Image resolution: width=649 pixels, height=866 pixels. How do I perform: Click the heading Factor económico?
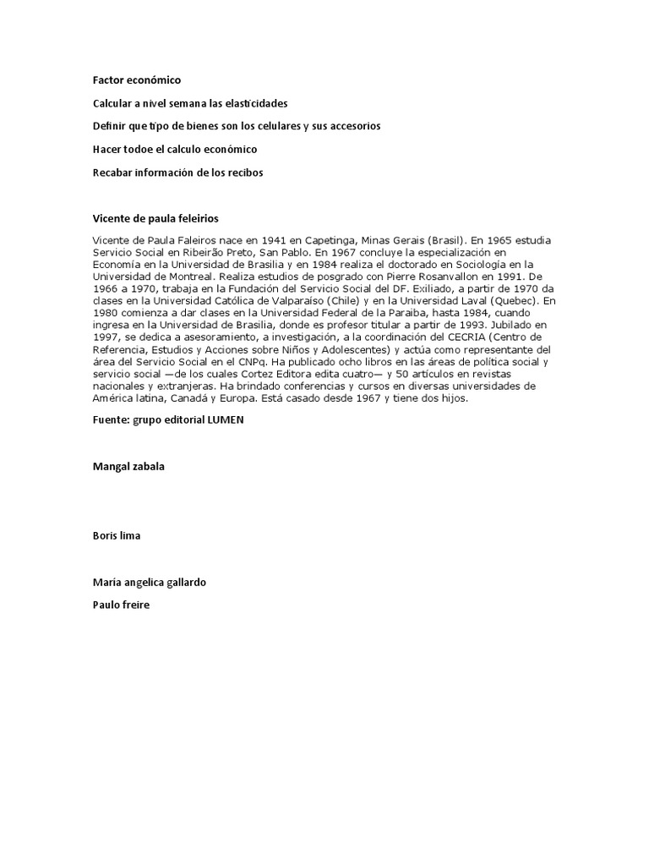pyautogui.click(x=137, y=80)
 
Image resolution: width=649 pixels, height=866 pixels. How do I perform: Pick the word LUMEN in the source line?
pyautogui.click(x=225, y=420)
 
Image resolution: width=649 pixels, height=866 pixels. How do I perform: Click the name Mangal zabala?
pyautogui.click(x=129, y=466)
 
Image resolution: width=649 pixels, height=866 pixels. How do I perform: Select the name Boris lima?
pyautogui.click(x=117, y=535)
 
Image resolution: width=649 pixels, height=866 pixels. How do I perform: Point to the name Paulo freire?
pyautogui.click(x=121, y=605)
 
